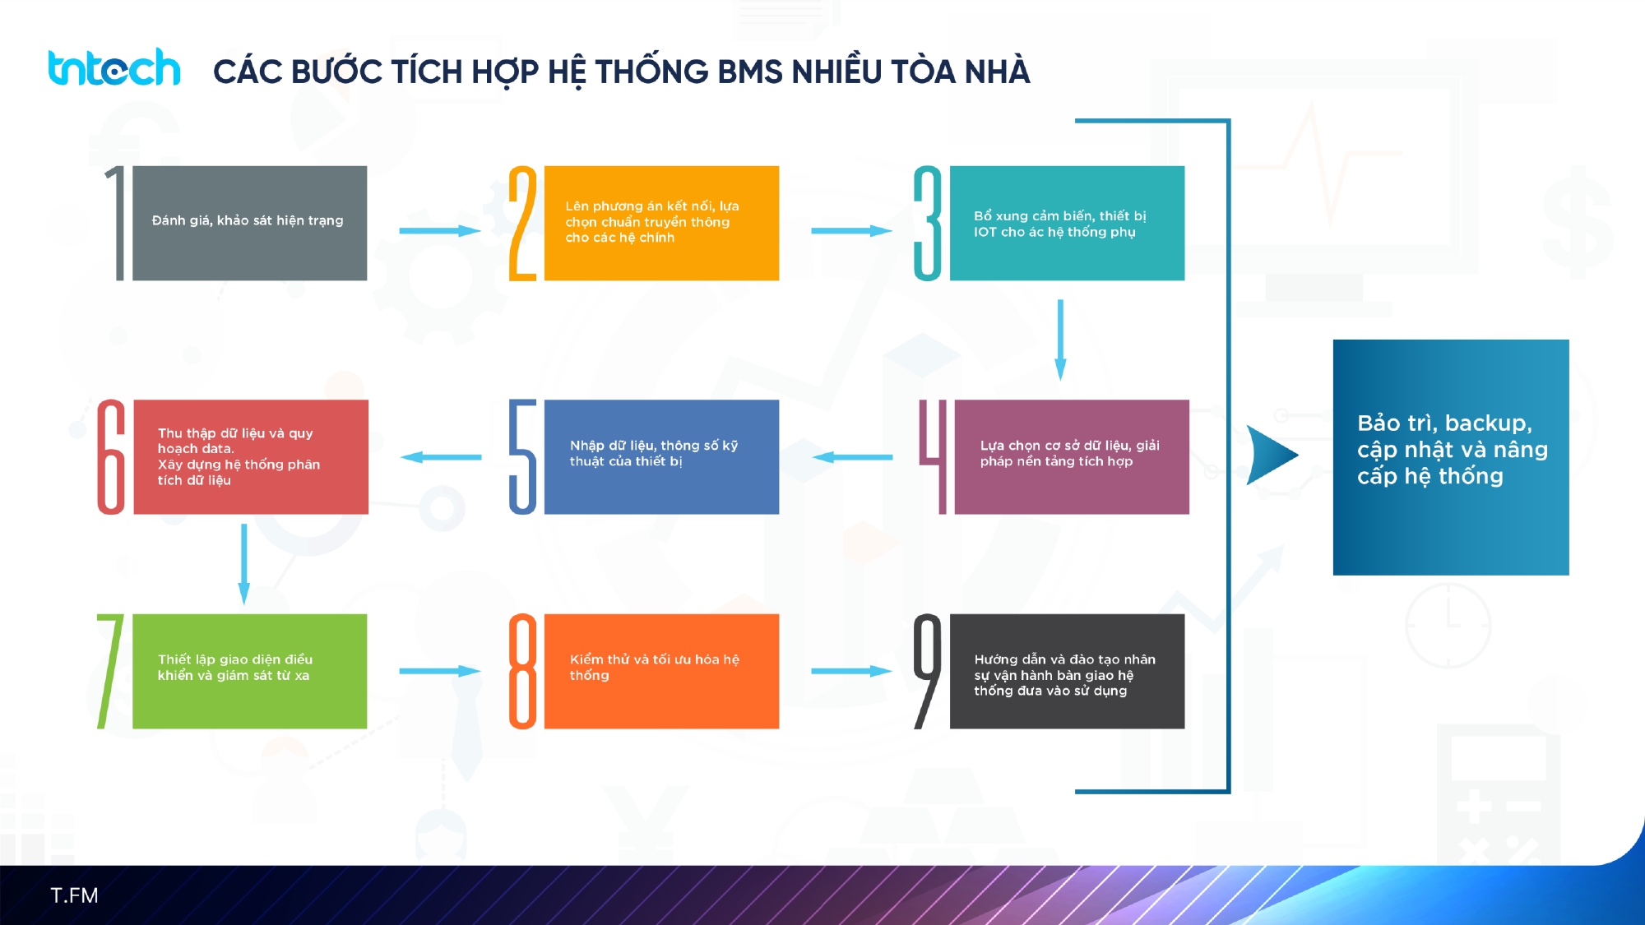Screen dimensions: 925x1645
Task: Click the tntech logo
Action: click(x=114, y=68)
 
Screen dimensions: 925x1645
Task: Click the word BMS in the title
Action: click(x=749, y=72)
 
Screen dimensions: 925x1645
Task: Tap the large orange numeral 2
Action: click(x=522, y=224)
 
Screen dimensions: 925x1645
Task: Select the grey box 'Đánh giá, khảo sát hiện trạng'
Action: click(x=249, y=223)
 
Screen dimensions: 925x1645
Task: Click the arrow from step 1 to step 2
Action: click(x=439, y=231)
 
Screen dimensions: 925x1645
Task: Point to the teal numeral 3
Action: click(x=928, y=224)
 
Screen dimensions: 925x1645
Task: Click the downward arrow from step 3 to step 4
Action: click(x=1060, y=339)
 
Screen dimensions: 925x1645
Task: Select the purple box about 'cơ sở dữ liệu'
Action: click(x=1071, y=457)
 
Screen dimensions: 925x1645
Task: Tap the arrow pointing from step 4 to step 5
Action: click(x=852, y=457)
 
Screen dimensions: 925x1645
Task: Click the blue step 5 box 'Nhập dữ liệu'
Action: click(x=661, y=457)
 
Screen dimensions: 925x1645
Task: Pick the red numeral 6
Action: click(x=112, y=457)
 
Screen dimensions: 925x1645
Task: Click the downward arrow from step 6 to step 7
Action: click(x=243, y=564)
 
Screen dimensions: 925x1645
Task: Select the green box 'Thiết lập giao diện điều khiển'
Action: click(x=249, y=671)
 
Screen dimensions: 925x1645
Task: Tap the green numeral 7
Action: click(x=110, y=671)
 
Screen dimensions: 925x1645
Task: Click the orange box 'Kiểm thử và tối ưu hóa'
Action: click(x=661, y=671)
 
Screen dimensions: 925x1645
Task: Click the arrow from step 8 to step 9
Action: click(x=851, y=671)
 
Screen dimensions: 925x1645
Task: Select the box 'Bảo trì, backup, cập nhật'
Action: click(x=1451, y=457)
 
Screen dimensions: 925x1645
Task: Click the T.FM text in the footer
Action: click(x=74, y=895)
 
